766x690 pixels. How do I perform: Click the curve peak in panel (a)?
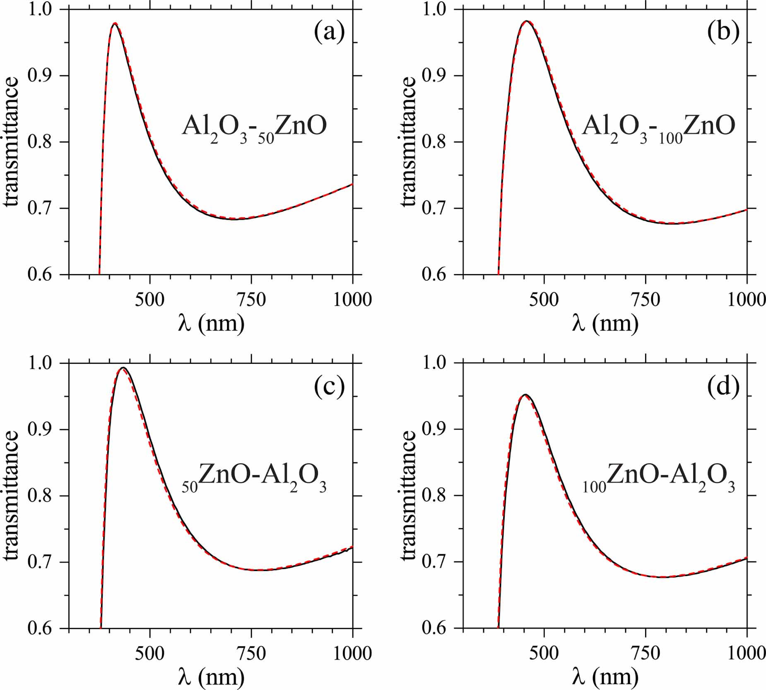115,24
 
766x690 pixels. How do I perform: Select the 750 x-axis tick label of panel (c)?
251,654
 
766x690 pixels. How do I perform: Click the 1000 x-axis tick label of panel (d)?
747,654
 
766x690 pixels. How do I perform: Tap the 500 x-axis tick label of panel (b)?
544,299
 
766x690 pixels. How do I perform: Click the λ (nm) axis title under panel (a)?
211,324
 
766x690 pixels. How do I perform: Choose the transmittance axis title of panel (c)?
11,495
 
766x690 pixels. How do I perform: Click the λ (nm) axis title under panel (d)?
605,677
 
